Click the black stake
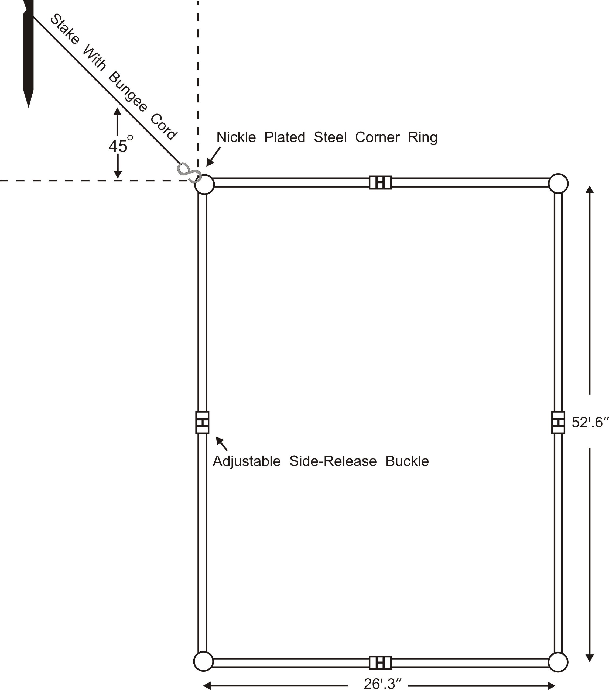click(28, 51)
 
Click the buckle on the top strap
click(380, 183)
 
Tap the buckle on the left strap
click(202, 422)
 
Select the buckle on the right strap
click(558, 422)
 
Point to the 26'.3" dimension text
click(383, 684)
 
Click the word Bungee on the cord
click(128, 91)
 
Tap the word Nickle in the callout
click(236, 137)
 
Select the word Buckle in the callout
click(407, 461)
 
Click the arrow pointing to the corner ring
click(213, 156)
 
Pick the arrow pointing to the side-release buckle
click(222, 444)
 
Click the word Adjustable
click(247, 461)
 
